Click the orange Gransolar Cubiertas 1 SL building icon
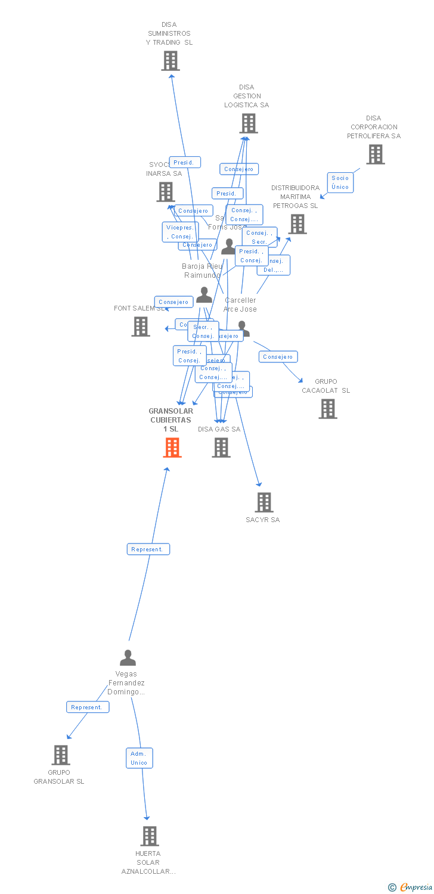click(172, 448)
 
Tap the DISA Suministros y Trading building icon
click(170, 61)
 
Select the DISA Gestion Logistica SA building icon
click(248, 123)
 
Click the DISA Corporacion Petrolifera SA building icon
click(375, 154)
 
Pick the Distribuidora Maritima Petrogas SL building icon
click(297, 224)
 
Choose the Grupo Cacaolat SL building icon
click(327, 409)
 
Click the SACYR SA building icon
click(264, 502)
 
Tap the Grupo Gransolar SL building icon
click(60, 755)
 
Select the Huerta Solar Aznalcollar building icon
click(150, 836)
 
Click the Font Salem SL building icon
click(141, 327)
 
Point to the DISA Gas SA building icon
click(221, 448)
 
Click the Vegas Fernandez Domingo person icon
click(128, 658)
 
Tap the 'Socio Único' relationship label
click(340, 182)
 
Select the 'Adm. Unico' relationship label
click(139, 758)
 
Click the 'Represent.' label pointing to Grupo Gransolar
click(88, 707)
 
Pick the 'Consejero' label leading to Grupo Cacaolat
click(278, 357)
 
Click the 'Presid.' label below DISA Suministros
click(185, 162)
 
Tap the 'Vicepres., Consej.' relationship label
click(180, 232)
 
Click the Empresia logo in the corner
click(410, 887)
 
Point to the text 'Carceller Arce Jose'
click(240, 305)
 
